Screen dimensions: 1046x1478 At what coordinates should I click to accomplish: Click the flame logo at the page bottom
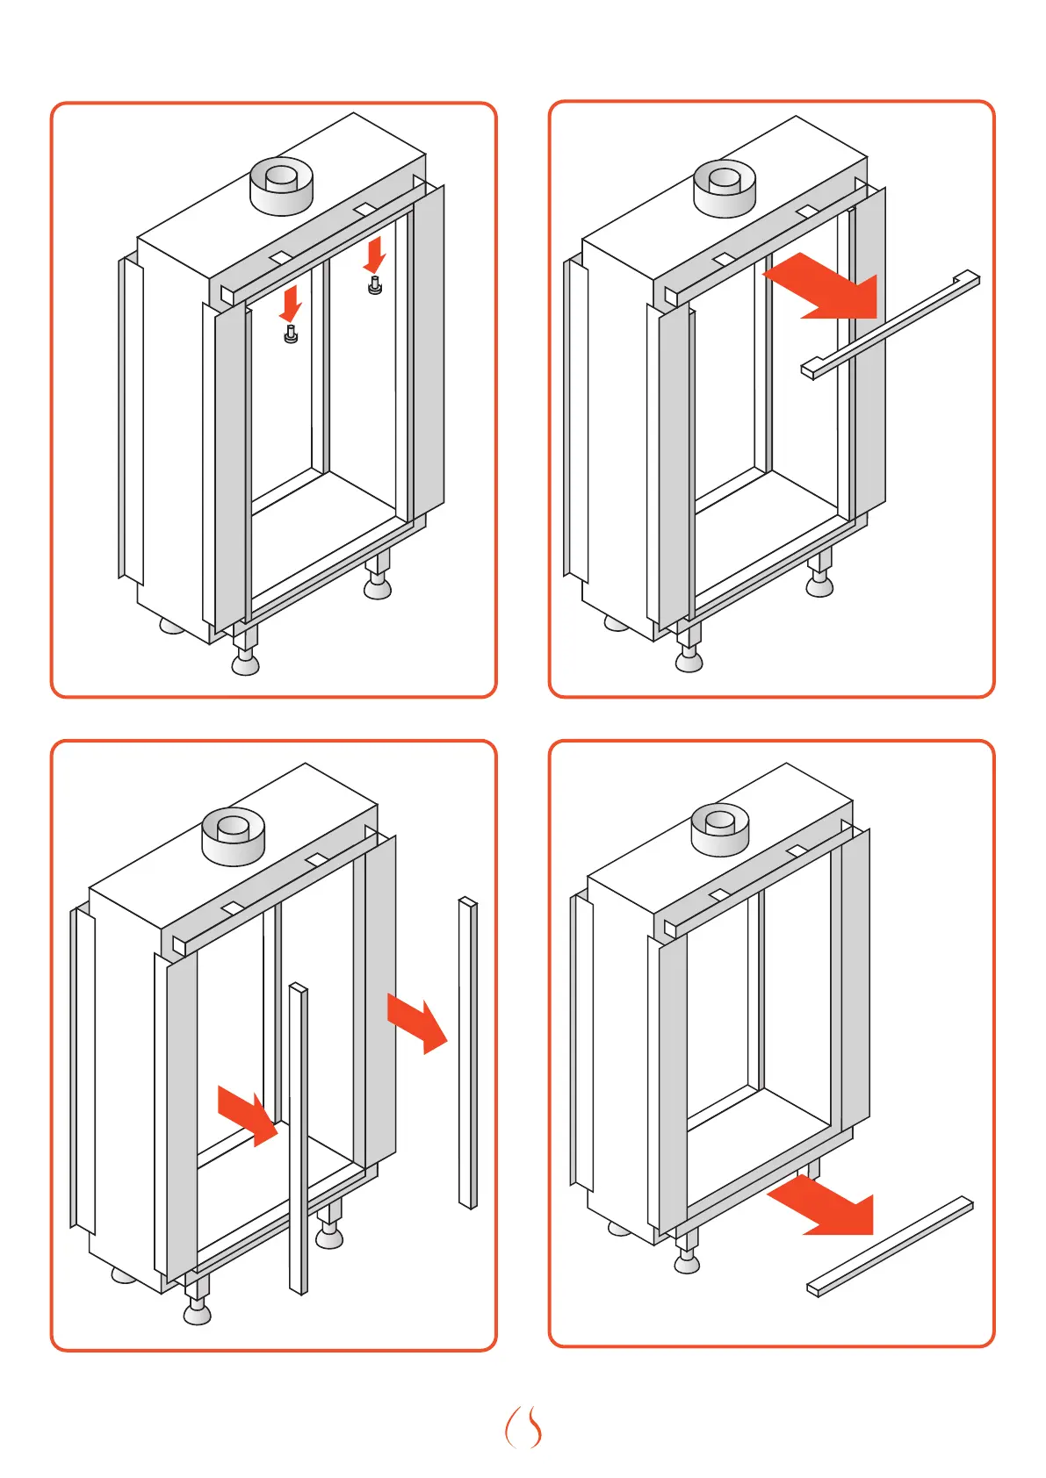[523, 1428]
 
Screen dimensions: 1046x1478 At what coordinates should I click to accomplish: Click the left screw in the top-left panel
[291, 334]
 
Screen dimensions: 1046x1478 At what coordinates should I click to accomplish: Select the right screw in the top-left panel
[375, 285]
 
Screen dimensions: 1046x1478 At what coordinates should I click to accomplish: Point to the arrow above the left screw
[290, 304]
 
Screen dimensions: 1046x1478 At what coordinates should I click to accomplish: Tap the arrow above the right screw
[375, 254]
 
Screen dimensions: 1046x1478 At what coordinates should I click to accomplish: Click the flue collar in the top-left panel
[282, 185]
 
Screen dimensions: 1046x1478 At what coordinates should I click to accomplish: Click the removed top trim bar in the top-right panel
[891, 324]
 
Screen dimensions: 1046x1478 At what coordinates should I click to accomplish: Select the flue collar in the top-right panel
[725, 188]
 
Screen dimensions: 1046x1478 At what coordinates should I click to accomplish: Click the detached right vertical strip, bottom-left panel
[468, 1052]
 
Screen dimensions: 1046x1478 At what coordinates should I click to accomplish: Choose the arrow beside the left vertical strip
[249, 1116]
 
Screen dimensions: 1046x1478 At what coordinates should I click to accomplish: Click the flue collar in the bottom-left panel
[234, 836]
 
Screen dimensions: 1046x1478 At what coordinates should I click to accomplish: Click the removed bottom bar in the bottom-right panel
[890, 1246]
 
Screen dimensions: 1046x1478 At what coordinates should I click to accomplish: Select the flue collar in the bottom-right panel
[720, 829]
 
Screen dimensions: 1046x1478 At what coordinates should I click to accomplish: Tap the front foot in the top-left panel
[246, 662]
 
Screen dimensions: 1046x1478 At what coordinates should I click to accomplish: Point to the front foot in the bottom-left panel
[198, 1311]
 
